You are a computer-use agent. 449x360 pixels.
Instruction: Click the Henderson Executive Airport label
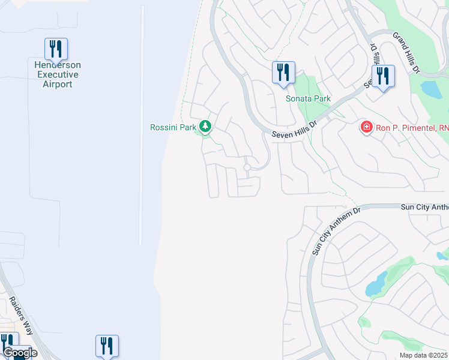click(x=58, y=74)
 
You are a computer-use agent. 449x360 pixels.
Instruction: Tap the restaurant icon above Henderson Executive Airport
click(x=56, y=49)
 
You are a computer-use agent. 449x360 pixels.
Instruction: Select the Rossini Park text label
click(x=174, y=127)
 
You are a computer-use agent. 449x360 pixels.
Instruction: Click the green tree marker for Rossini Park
click(x=206, y=126)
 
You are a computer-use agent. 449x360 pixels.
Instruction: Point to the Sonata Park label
click(x=308, y=98)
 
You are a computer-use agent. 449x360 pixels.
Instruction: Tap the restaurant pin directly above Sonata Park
click(x=283, y=73)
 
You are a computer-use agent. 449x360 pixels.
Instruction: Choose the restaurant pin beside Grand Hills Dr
click(x=382, y=76)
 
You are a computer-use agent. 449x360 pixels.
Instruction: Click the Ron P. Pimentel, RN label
click(x=412, y=127)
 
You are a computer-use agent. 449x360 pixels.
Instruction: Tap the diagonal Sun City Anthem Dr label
click(x=336, y=231)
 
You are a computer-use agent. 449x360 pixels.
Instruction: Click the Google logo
click(x=20, y=353)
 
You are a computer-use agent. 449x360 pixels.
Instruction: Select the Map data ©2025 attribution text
click(x=423, y=355)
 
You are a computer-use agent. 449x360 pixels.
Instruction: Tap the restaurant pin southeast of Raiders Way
click(x=107, y=346)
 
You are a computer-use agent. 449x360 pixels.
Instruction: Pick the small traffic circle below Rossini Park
click(x=247, y=167)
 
